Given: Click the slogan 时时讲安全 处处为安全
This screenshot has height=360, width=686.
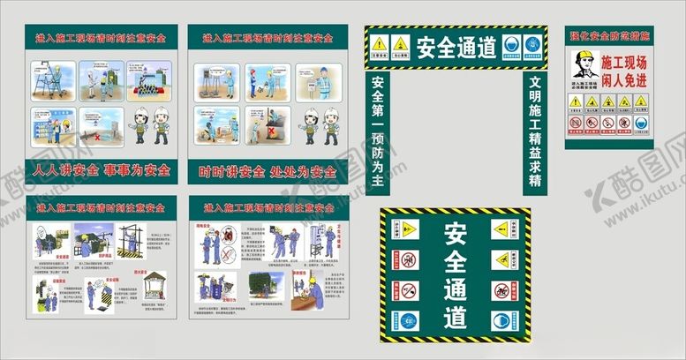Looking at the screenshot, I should [x=268, y=171].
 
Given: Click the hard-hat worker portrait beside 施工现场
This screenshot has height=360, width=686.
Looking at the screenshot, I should [x=584, y=64].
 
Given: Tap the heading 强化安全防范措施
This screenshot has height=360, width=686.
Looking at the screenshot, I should [x=609, y=36].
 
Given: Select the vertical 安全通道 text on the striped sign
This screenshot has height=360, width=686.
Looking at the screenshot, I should [x=456, y=274].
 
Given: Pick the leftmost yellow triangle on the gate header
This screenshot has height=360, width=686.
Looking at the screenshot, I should [x=379, y=43].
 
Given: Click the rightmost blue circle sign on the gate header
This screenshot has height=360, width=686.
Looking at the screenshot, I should [x=531, y=43].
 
